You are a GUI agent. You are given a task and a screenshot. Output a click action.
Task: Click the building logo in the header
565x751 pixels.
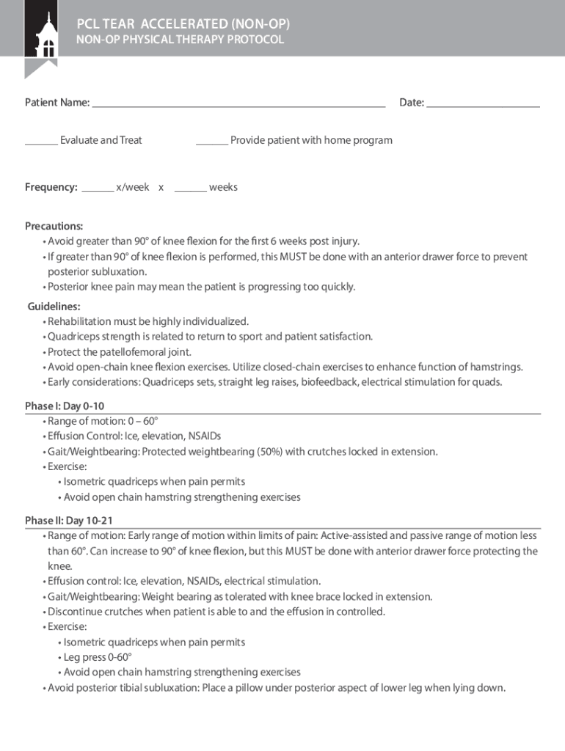point(41,37)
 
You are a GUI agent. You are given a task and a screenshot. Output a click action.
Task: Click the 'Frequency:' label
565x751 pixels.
point(51,188)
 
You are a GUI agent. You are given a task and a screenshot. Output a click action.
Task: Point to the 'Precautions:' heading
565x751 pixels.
point(54,226)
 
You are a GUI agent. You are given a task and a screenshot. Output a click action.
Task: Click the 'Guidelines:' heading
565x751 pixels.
point(54,307)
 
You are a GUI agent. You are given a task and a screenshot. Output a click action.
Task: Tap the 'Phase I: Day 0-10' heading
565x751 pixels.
point(69,406)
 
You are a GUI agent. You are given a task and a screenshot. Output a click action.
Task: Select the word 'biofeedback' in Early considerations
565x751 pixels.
point(329,382)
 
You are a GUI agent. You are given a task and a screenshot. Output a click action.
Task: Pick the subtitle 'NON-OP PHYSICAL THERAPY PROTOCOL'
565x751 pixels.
point(180,40)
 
